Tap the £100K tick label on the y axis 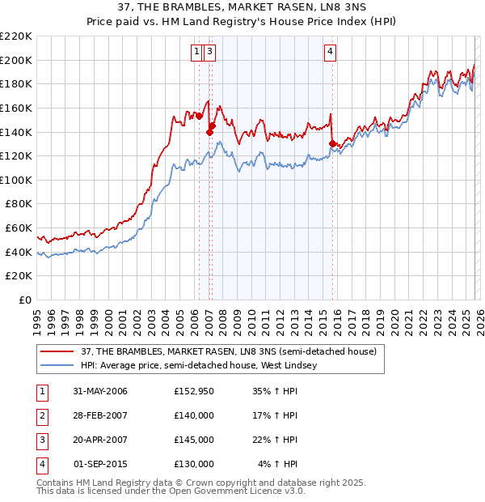click(16, 180)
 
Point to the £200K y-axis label click(16, 60)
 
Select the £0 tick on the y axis click(25, 300)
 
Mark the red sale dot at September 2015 click(332, 143)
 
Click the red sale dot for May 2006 click(199, 116)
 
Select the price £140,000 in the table click(193, 415)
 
